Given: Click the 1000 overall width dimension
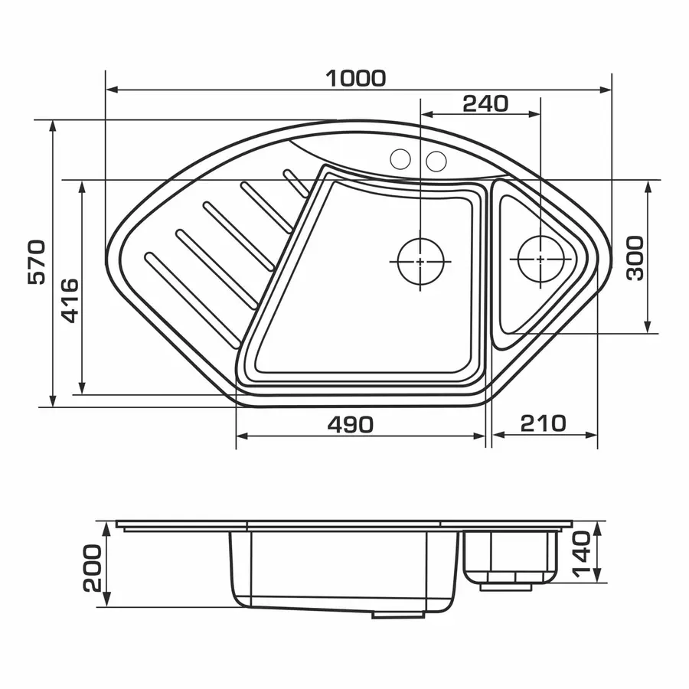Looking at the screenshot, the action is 355,79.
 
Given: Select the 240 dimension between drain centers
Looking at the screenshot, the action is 485,103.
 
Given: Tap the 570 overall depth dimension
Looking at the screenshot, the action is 37,263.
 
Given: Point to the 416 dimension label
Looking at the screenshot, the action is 69,301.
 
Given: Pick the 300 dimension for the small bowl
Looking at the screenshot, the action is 635,259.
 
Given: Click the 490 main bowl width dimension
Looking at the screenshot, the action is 350,424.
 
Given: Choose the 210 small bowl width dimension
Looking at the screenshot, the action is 543,423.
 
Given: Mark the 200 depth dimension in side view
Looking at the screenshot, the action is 93,568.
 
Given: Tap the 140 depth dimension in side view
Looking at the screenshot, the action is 581,553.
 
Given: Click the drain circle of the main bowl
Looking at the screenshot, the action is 420,262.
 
